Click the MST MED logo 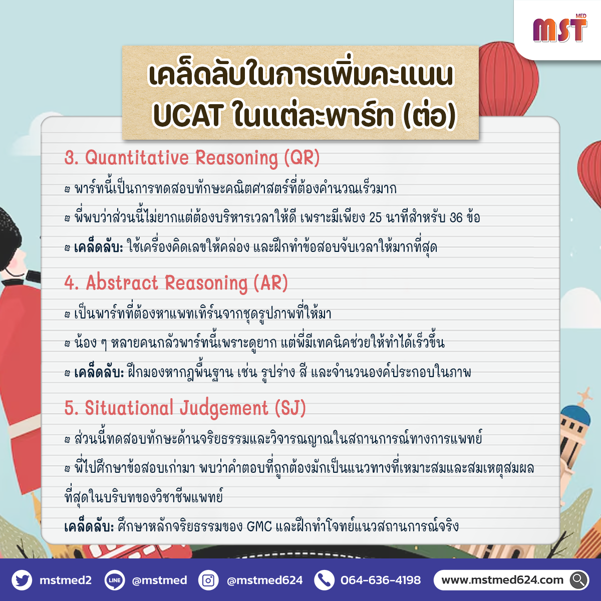click(x=560, y=29)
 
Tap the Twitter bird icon click(x=22, y=580)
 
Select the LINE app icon click(x=115, y=580)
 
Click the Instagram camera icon click(x=208, y=580)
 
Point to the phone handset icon click(x=324, y=580)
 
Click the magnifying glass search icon click(x=579, y=580)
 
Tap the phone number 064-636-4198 click(x=381, y=580)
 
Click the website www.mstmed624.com click(x=502, y=580)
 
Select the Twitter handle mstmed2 click(x=66, y=580)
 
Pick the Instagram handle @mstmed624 click(x=265, y=580)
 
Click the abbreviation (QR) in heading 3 click(x=302, y=158)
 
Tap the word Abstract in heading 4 click(x=122, y=282)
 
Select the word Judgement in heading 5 click(x=223, y=409)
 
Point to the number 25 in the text click(x=375, y=218)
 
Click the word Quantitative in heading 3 click(x=137, y=158)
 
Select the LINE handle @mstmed click(x=159, y=580)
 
